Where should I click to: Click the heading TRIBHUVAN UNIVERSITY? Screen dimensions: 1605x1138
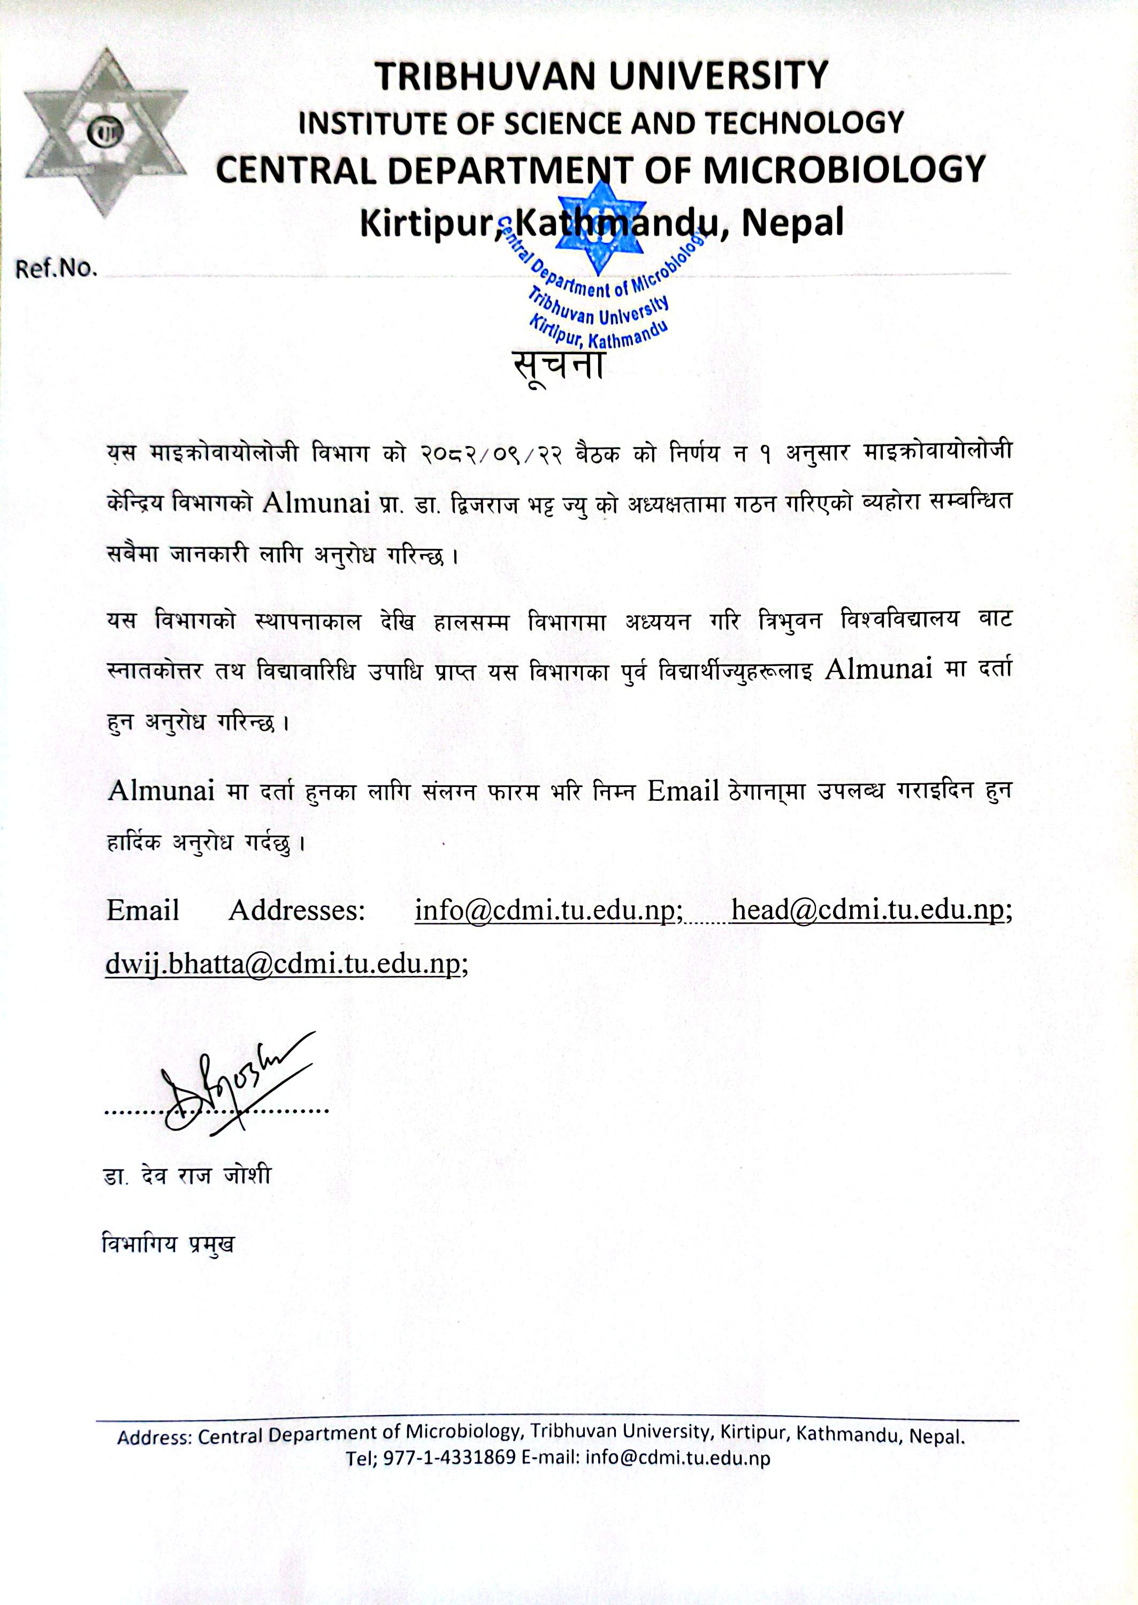602,75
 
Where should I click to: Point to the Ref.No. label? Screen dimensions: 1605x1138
56,270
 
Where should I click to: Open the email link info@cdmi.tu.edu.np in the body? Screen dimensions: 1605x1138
548,911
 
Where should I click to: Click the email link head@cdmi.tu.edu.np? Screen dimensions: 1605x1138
867,911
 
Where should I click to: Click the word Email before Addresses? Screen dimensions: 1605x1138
143,911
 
